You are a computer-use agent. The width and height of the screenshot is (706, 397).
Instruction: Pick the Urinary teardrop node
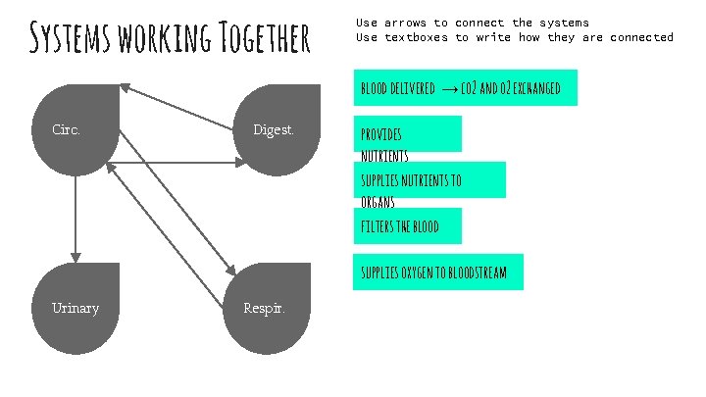click(76, 308)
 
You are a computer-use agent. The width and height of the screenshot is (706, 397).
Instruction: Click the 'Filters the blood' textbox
click(406, 226)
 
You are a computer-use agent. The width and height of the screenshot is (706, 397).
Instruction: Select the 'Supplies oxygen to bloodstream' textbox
click(438, 272)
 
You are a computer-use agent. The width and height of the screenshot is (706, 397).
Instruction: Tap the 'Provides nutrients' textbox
click(406, 134)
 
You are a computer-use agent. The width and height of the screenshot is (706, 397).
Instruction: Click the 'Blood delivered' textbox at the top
click(465, 88)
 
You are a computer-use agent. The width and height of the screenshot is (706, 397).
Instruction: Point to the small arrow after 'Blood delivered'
click(447, 89)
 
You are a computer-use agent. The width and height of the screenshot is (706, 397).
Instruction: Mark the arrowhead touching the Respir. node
click(233, 269)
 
